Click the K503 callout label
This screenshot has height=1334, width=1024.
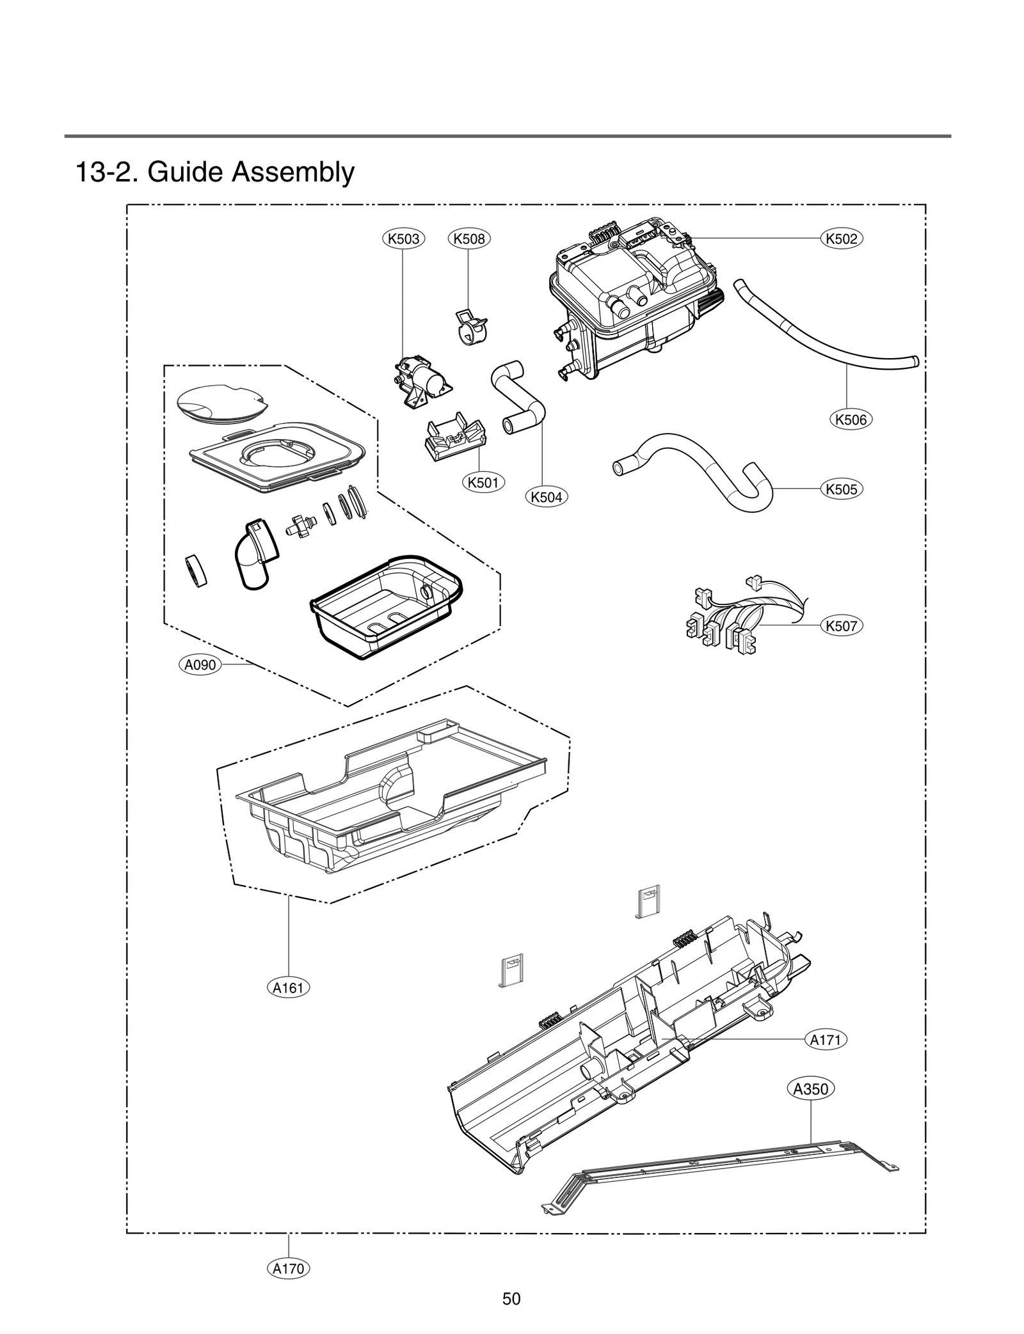(x=404, y=239)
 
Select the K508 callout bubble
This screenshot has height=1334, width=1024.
(x=468, y=239)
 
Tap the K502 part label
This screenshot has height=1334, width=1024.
(x=842, y=239)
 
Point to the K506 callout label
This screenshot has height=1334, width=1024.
(x=851, y=420)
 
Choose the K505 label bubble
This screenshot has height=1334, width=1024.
(x=842, y=489)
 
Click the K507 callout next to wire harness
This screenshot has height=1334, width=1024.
(x=842, y=626)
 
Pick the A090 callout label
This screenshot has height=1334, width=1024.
(x=200, y=665)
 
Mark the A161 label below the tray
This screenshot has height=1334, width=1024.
(x=288, y=988)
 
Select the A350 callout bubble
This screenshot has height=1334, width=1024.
(x=811, y=1089)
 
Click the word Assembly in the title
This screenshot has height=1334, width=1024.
(x=292, y=172)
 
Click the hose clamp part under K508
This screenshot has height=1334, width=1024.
(x=470, y=326)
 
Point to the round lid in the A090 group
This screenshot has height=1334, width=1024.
(x=219, y=402)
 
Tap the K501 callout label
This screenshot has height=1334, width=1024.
(x=483, y=482)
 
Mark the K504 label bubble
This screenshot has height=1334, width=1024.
(x=547, y=497)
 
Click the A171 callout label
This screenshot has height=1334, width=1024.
(x=826, y=1040)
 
